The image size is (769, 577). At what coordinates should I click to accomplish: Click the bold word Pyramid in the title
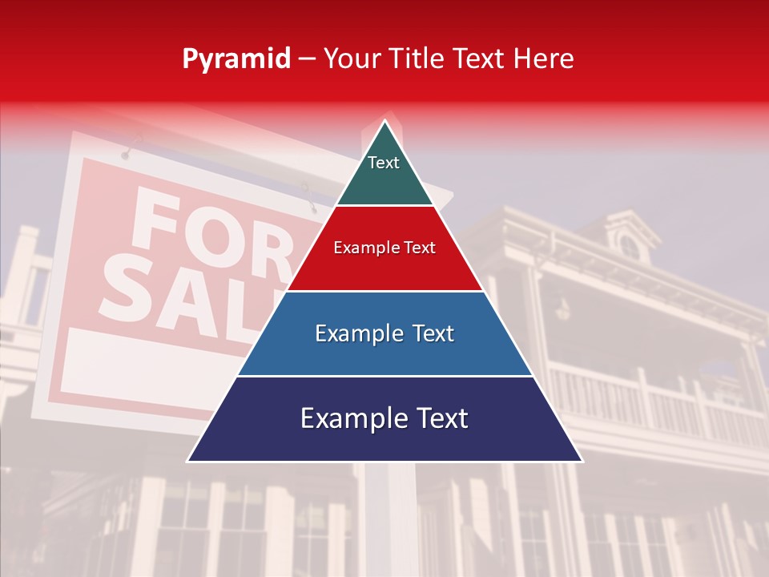click(x=236, y=59)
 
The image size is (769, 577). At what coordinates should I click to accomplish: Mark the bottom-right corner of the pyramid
click(x=582, y=461)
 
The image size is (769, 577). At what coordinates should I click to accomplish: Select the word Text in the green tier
click(x=384, y=163)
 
